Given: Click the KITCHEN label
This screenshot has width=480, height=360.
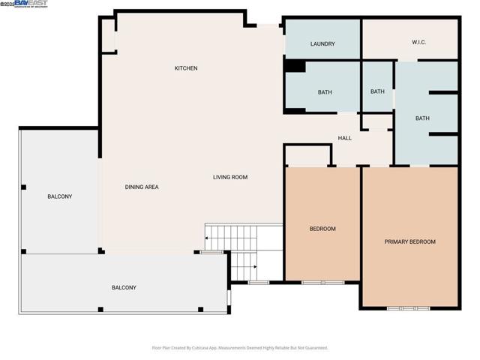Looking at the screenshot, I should coord(186,68).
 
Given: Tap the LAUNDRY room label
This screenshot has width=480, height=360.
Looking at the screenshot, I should coord(322,44).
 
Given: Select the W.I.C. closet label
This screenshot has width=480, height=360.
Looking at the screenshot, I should coord(418,42).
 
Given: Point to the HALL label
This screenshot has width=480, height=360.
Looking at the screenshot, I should coord(344,138).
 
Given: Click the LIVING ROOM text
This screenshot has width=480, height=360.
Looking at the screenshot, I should coord(229,178).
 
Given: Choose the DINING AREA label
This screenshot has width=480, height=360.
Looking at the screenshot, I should coord(142,187).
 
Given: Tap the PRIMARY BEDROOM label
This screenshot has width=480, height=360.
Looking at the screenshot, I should coord(409,241).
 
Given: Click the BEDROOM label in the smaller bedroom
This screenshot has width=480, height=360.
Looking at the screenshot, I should coord(322,229).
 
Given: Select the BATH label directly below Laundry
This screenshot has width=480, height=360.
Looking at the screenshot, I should coord(325,92).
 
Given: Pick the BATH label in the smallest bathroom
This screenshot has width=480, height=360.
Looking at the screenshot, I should coord(377,91).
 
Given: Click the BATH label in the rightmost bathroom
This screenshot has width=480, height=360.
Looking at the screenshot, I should coord(422,118).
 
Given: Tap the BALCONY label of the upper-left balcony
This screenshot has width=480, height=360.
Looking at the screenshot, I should coord(60,196).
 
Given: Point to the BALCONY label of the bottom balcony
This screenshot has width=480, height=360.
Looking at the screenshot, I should coord(124,287).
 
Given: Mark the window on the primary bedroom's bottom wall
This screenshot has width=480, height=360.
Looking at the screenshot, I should coord(409,307).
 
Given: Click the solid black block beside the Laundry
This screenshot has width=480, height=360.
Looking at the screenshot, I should coord(295,67).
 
